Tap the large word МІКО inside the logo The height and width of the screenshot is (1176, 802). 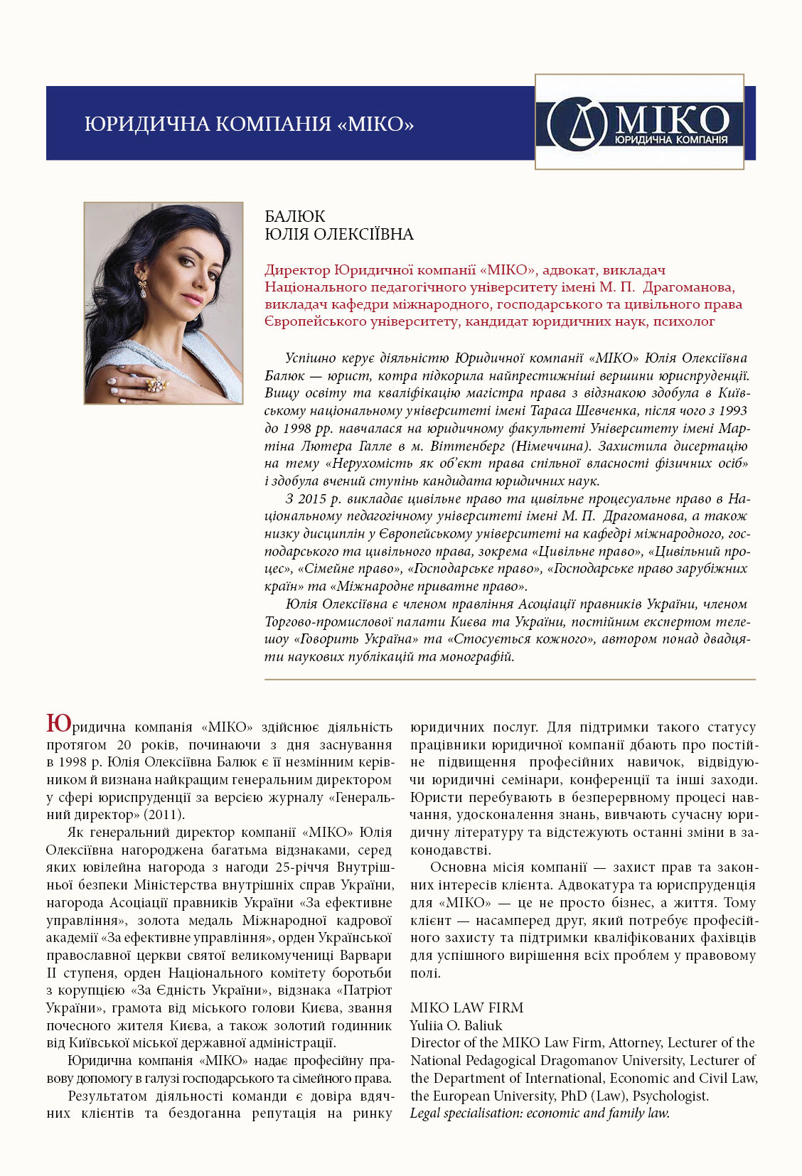(670, 118)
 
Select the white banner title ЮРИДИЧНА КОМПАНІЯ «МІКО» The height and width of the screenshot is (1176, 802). (249, 124)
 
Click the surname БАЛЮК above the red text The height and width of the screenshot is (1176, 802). (295, 217)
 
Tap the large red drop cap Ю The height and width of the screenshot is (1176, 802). (58, 724)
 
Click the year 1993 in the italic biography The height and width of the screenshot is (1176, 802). (733, 411)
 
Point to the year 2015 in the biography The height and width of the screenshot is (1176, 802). (311, 499)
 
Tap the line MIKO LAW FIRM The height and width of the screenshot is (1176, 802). (466, 1007)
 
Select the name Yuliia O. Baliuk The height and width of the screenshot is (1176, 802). (456, 1025)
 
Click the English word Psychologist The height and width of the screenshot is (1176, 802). (670, 1096)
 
